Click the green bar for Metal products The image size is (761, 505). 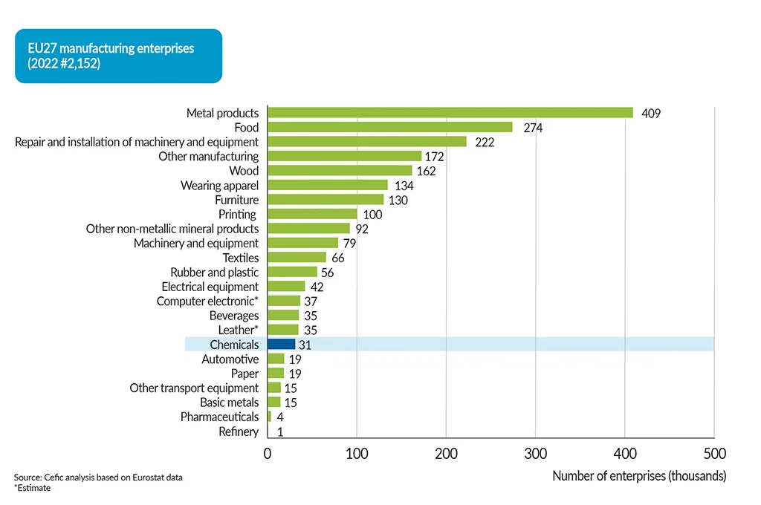(x=450, y=113)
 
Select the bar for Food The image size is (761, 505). (x=389, y=128)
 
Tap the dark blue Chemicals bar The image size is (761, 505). (x=281, y=345)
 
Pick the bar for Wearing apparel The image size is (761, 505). (x=327, y=185)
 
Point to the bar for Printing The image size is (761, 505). (x=312, y=214)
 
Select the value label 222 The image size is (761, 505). (x=484, y=142)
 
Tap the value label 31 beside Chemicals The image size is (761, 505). (x=305, y=345)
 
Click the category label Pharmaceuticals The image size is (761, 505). (x=219, y=417)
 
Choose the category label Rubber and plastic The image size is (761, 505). (x=214, y=273)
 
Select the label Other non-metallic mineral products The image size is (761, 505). (x=172, y=229)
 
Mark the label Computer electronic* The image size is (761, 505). (x=207, y=302)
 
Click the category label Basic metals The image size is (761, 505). (x=229, y=403)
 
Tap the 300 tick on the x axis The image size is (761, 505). (x=535, y=453)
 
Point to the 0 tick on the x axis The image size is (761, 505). (x=268, y=453)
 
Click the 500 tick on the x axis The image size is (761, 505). (x=713, y=453)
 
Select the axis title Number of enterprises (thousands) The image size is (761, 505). (x=639, y=476)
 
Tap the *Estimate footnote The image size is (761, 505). (x=32, y=488)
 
